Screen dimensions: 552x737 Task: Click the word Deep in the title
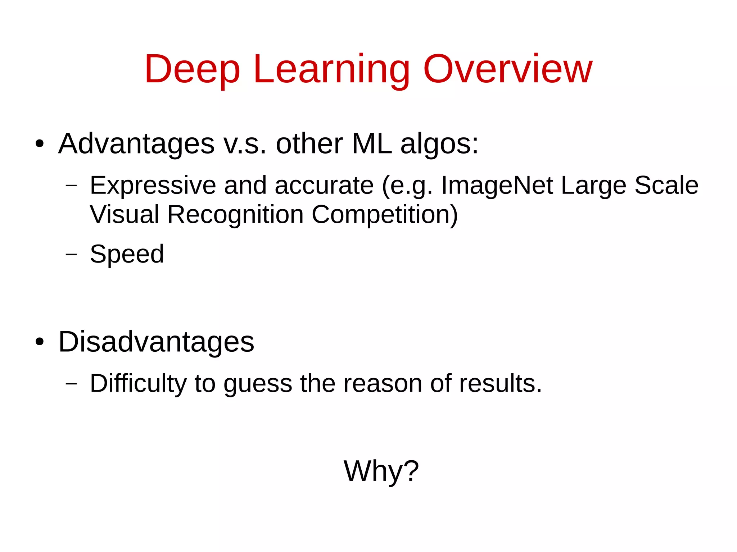(x=192, y=69)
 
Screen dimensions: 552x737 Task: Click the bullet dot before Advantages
(x=40, y=144)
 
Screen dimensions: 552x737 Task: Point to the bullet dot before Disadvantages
(x=40, y=342)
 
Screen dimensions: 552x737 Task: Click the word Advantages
(x=136, y=144)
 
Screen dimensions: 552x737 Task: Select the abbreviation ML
(x=372, y=144)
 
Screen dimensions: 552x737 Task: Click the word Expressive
(x=153, y=186)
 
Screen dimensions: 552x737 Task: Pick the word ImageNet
(x=497, y=186)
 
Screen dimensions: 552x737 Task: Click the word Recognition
(x=235, y=215)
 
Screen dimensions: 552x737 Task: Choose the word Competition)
(x=385, y=215)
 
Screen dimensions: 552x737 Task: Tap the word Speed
(x=127, y=254)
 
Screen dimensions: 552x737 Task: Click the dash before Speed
(x=71, y=254)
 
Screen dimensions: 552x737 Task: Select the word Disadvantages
(x=156, y=342)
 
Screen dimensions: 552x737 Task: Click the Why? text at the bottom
(x=381, y=471)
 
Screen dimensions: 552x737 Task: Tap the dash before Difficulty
(x=71, y=384)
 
